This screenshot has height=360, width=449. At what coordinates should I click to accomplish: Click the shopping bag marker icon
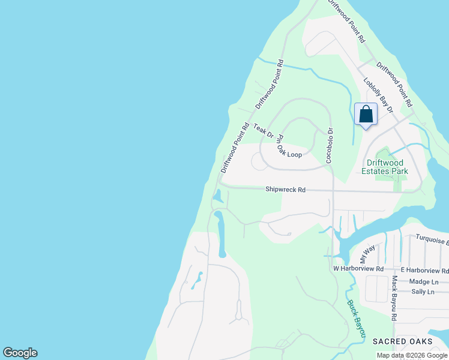point(366,115)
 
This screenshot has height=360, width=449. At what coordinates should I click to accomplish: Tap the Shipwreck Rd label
point(286,190)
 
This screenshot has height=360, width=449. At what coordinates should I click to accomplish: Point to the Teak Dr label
point(263,130)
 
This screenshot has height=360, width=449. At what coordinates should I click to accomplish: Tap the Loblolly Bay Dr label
point(378,95)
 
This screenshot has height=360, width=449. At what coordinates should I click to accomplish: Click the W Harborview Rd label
point(358,268)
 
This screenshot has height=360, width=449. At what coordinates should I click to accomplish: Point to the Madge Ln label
point(423,281)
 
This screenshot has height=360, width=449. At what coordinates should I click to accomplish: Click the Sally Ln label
point(423,292)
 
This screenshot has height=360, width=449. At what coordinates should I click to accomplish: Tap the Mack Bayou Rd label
point(394,299)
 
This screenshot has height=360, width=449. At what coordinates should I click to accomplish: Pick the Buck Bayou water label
point(356,317)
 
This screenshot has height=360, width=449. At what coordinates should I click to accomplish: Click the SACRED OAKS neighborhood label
point(402,341)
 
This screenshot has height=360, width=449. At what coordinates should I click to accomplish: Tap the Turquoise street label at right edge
point(432,241)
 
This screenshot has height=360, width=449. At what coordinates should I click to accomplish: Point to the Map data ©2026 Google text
point(412,355)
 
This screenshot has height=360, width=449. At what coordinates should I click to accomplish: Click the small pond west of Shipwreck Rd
point(218,196)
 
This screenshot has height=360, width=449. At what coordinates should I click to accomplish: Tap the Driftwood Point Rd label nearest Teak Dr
point(235,148)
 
